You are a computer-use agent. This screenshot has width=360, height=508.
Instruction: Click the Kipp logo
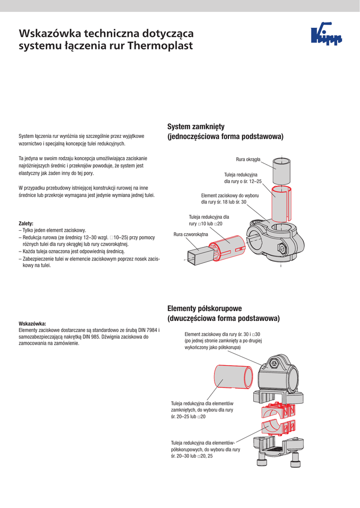point(326,35)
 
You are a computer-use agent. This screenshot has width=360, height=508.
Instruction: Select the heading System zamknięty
point(196,127)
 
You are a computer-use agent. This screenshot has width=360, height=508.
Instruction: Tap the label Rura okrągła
point(251,159)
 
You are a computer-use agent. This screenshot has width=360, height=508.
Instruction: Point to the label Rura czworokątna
point(191,234)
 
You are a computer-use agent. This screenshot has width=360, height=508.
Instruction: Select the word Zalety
point(26,223)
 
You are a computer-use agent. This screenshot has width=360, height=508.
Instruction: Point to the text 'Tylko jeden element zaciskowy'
point(54,230)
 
